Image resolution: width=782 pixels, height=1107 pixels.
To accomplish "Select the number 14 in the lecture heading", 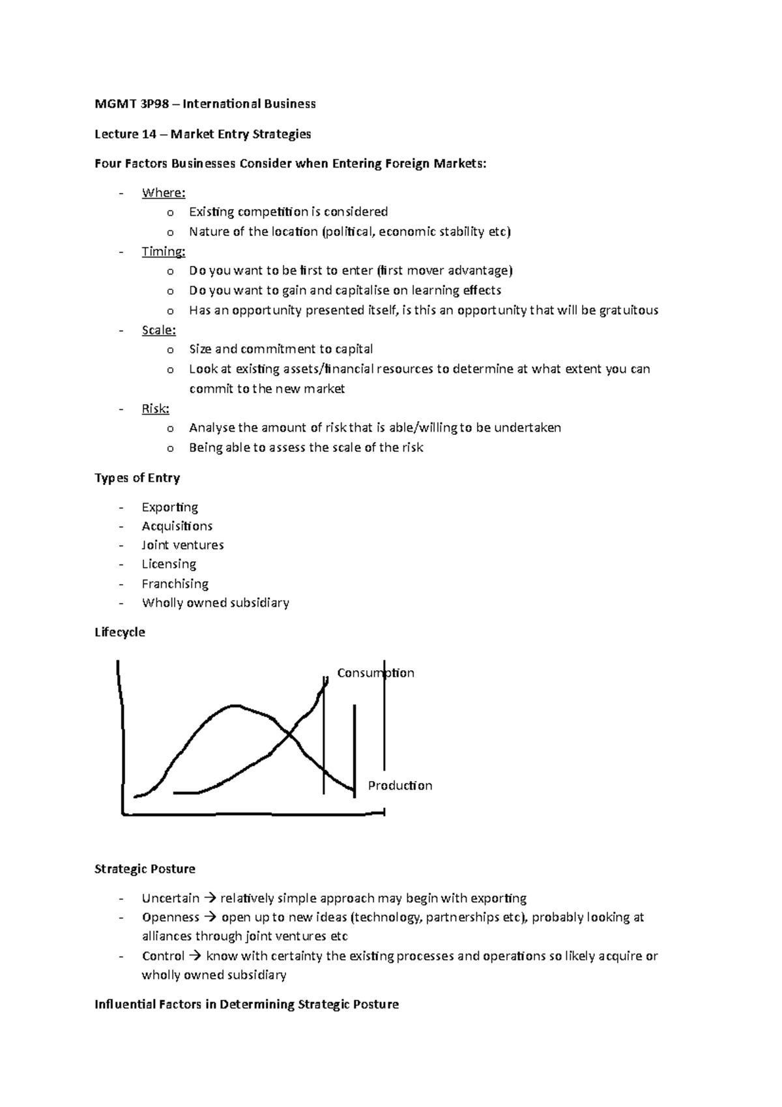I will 149,134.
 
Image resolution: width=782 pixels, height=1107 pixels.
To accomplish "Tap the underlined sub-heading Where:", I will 164,192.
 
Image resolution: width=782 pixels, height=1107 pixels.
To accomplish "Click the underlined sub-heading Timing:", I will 164,252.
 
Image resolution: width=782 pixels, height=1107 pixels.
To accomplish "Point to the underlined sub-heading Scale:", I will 158,330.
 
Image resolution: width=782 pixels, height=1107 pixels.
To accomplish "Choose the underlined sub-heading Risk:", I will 155,409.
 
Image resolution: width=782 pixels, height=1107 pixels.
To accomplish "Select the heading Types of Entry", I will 137,478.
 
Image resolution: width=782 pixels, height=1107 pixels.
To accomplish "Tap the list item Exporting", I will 169,507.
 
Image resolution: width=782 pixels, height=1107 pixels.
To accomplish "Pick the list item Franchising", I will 175,584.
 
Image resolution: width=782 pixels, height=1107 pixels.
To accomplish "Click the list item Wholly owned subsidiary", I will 215,603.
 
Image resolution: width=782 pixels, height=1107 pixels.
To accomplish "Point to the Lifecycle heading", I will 119,632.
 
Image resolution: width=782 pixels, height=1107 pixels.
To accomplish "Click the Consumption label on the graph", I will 375,673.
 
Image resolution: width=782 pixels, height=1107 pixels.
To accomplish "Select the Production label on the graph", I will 399,786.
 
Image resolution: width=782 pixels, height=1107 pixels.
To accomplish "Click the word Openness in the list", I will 170,917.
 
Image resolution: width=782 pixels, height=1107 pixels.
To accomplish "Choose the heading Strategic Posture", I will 145,869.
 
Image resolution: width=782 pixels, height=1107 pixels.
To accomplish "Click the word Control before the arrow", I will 163,956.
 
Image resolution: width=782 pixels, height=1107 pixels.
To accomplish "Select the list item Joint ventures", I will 182,545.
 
